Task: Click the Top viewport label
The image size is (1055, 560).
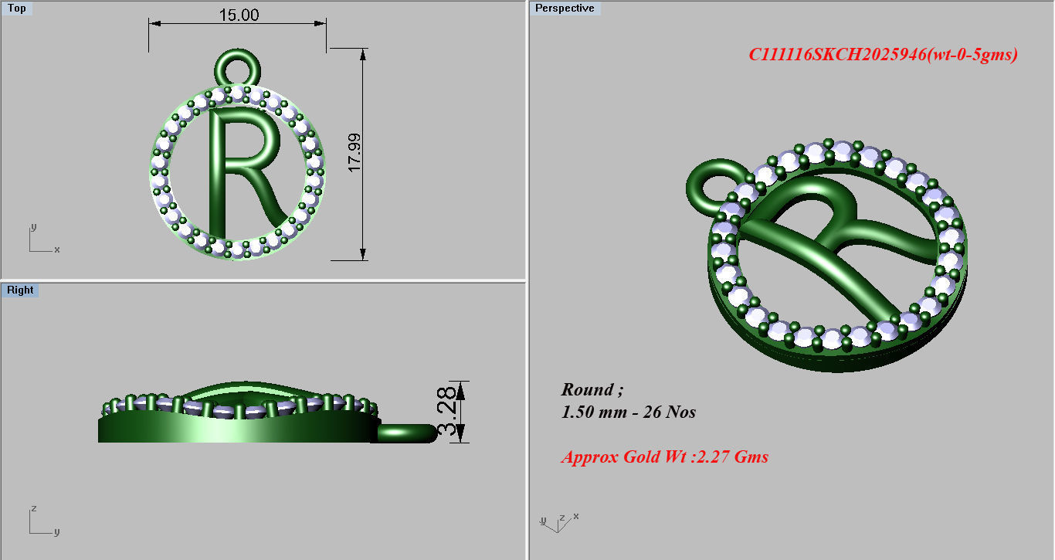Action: click(x=17, y=8)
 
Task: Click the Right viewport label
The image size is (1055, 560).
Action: click(x=20, y=290)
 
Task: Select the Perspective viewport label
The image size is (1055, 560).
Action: click(x=565, y=8)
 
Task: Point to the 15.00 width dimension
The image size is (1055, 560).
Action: click(x=239, y=15)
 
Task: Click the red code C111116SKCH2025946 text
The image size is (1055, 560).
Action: click(x=883, y=54)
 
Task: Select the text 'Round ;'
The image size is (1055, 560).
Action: click(x=592, y=389)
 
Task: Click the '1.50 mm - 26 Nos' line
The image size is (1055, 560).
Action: click(x=628, y=412)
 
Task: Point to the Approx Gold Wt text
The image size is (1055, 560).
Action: click(x=664, y=456)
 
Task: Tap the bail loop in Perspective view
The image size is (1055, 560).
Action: click(x=709, y=185)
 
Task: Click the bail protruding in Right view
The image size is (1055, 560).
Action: click(x=405, y=433)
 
